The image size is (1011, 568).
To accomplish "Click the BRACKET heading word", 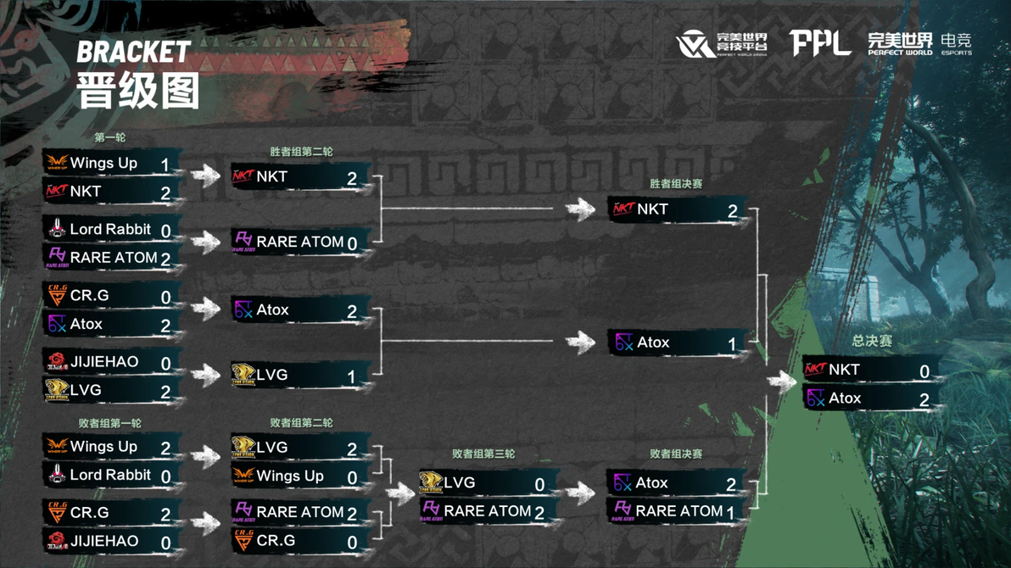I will coord(133,53).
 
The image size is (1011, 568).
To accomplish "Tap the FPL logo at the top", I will coord(819,43).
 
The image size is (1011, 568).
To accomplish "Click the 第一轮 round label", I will coord(110,137).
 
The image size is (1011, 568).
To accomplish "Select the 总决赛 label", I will coord(872,341).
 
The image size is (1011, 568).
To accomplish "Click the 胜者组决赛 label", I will coord(676,184).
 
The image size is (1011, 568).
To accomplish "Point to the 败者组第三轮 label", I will coord(483,454).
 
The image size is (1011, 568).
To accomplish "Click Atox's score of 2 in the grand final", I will coord(924,399).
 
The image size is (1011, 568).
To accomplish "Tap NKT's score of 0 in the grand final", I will coord(924,371).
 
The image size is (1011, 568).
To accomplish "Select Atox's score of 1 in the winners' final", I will coord(732,344).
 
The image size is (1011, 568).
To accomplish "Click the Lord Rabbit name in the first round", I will coord(110,229).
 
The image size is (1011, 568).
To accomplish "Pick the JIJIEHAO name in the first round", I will coord(104,362).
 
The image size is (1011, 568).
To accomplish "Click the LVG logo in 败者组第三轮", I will coord(431,483).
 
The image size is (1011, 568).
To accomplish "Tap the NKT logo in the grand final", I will coord(815,370).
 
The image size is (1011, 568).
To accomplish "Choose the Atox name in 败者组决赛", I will coord(651,483).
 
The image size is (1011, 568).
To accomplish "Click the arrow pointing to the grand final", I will coord(781,381).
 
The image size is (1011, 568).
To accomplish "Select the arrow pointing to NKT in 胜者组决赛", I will coord(580,209).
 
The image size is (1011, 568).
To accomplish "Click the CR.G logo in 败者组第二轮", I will coord(243,541).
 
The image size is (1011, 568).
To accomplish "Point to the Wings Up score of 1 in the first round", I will coord(165,164).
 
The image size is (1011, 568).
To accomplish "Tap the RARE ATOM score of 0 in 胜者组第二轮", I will coord(351,244).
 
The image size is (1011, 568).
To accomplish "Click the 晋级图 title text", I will coord(138,90).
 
